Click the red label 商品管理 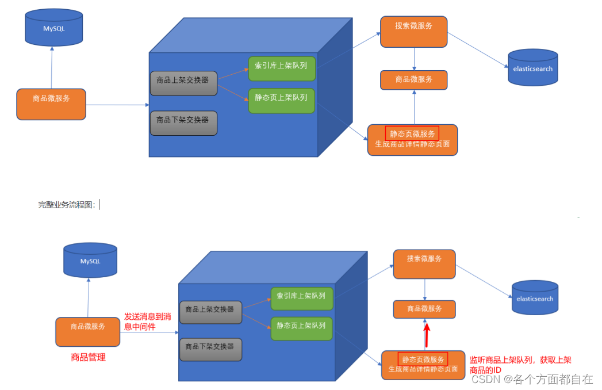[x=88, y=357]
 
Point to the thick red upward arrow [x=427, y=335]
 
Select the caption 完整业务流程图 [x=67, y=204]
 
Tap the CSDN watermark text [x=532, y=379]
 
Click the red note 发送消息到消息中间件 [x=147, y=322]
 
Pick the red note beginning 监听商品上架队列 [x=520, y=365]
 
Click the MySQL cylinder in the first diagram [x=54, y=28]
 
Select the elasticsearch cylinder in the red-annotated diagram [x=535, y=298]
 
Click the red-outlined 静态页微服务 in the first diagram [x=412, y=133]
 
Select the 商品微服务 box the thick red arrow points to [x=424, y=309]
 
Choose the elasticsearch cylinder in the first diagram [x=532, y=68]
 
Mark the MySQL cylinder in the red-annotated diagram [x=90, y=261]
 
